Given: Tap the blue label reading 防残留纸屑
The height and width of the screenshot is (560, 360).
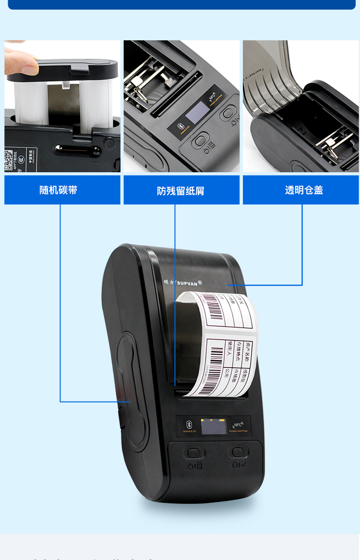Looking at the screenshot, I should (181, 191).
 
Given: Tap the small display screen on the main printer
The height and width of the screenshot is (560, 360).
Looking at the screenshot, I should (214, 426).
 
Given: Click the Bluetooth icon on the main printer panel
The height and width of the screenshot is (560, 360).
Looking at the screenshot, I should (189, 424).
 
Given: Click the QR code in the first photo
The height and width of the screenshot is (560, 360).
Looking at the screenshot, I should (8, 160).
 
